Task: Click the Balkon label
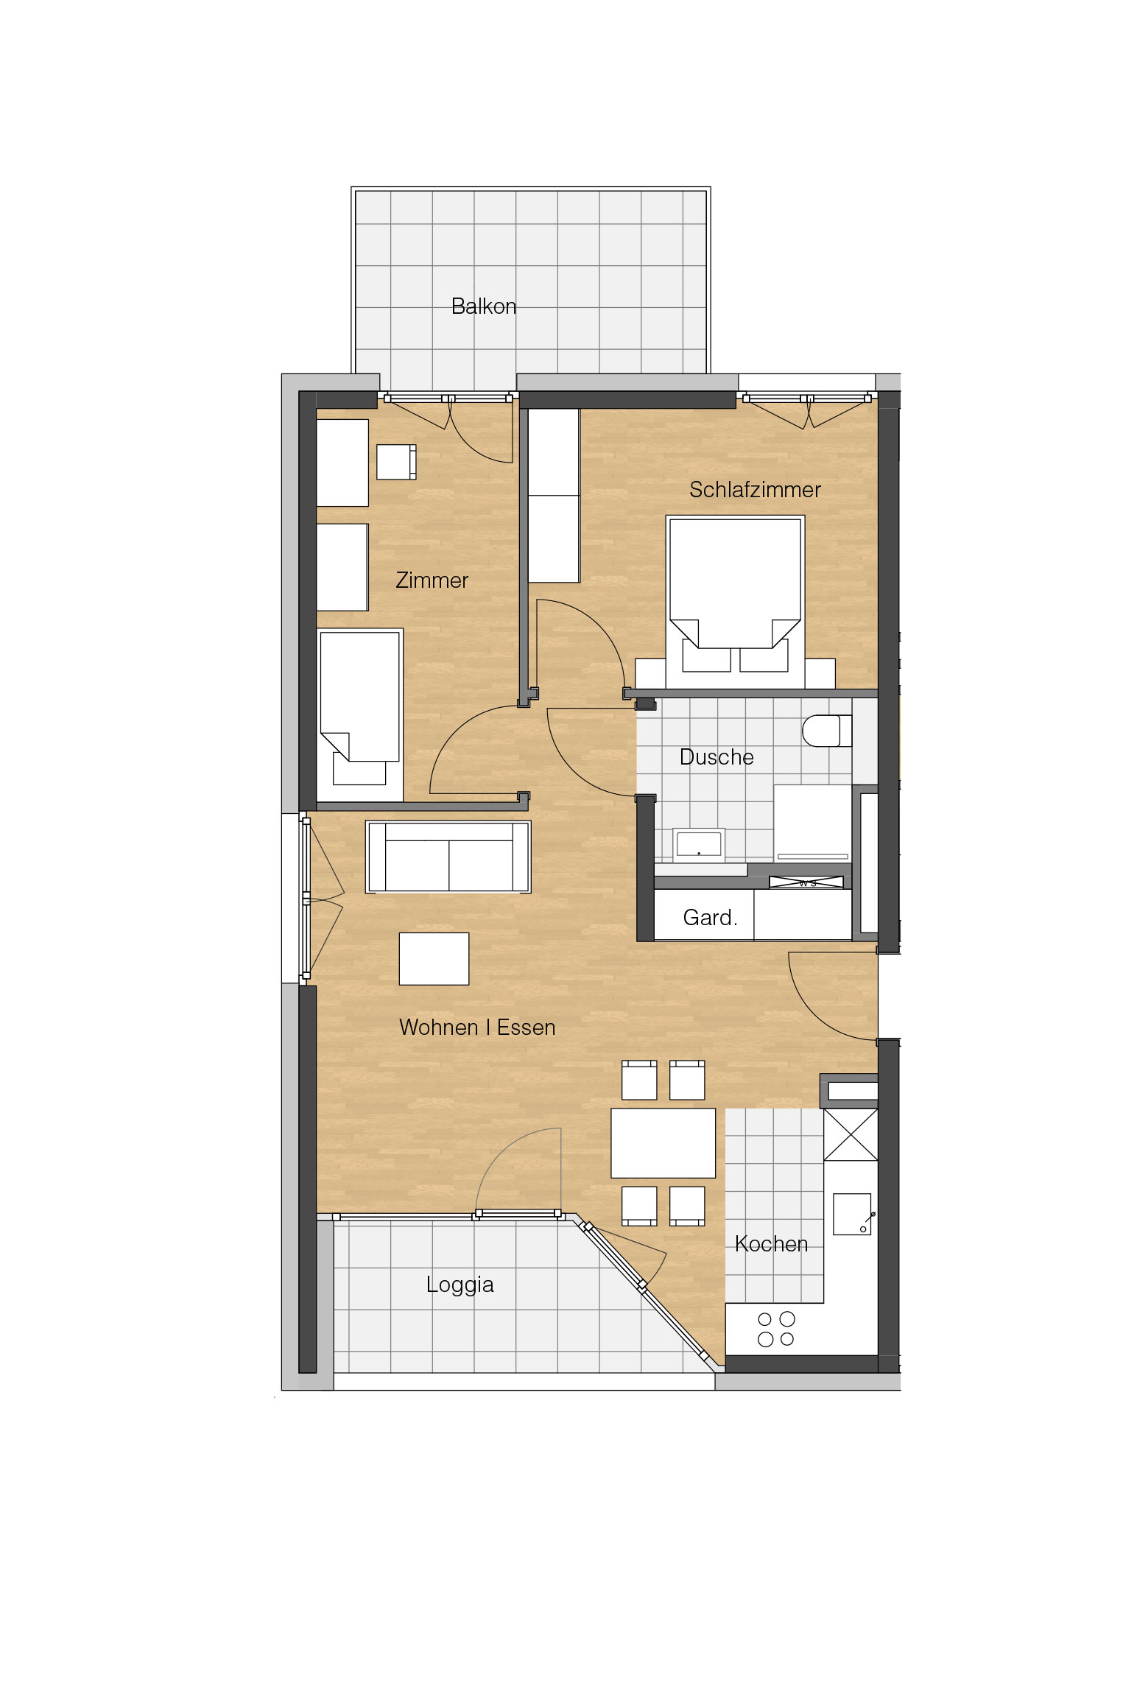click(x=483, y=306)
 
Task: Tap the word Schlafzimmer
click(x=755, y=490)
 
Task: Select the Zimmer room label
click(x=432, y=580)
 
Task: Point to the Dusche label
click(x=717, y=757)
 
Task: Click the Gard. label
click(x=710, y=918)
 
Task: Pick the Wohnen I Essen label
click(x=477, y=1028)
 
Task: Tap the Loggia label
click(x=460, y=1285)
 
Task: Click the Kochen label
click(x=771, y=1244)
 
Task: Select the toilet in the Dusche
click(x=826, y=731)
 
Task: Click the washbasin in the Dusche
click(x=699, y=845)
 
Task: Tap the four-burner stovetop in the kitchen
click(x=776, y=1330)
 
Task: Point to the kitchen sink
click(x=852, y=1215)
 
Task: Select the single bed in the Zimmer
click(x=360, y=714)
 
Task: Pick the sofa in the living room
click(x=448, y=857)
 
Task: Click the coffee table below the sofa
click(x=434, y=959)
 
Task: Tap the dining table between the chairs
click(x=663, y=1143)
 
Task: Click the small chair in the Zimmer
click(x=396, y=462)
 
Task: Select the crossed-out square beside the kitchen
click(x=851, y=1135)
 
